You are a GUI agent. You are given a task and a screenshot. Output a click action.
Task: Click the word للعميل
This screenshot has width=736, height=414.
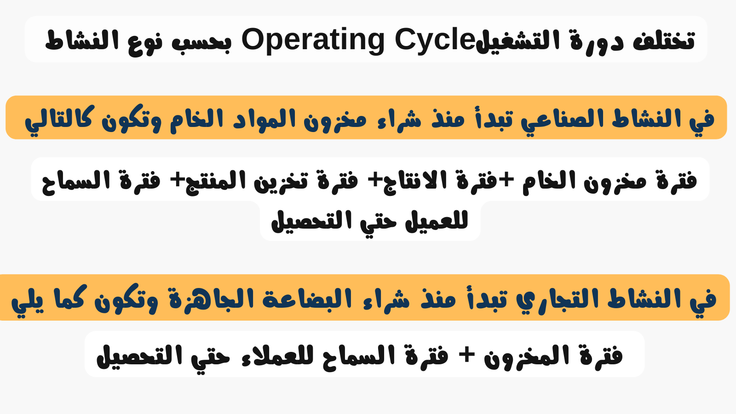click(437, 221)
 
